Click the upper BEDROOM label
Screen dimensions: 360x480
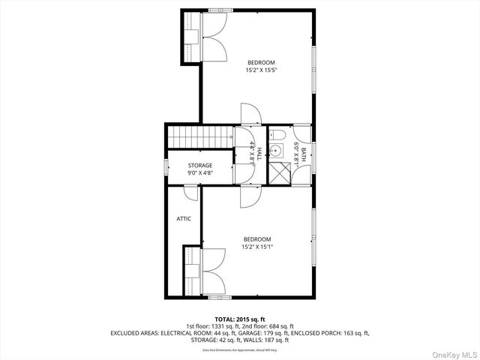click(x=261, y=62)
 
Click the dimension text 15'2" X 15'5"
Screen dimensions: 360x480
click(x=261, y=70)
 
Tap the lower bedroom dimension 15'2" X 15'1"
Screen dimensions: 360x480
click(x=256, y=247)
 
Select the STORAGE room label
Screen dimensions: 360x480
click(x=200, y=165)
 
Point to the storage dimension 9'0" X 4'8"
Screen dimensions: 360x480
click(x=200, y=173)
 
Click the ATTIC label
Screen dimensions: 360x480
click(x=184, y=219)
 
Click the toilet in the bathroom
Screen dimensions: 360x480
click(x=277, y=136)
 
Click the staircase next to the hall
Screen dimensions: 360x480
click(x=199, y=137)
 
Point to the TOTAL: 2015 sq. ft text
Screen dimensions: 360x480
click(x=240, y=319)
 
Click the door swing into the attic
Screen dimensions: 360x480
click(x=191, y=193)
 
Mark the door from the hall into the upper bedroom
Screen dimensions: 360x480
click(x=250, y=114)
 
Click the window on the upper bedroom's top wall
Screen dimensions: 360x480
click(x=220, y=10)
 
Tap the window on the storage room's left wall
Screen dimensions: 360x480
click(x=166, y=167)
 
